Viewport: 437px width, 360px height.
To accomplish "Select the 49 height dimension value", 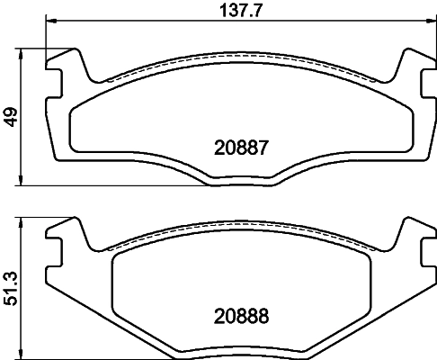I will (x=12, y=117).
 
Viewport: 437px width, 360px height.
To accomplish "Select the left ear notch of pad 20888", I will (x=56, y=246).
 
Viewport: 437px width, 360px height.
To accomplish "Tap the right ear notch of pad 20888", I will (x=424, y=246).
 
